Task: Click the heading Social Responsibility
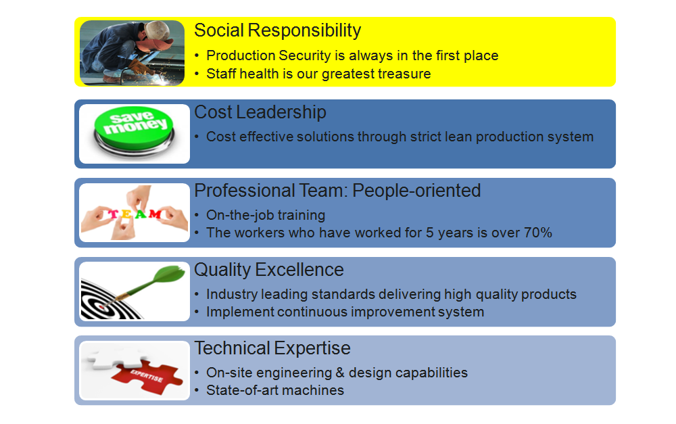[x=277, y=30]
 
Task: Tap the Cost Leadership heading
[x=260, y=112]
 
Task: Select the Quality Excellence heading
[x=268, y=270]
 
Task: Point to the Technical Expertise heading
[x=272, y=348]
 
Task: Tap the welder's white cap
[x=157, y=30]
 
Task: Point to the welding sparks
[x=164, y=78]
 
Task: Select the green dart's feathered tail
[x=171, y=275]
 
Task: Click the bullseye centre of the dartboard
[x=102, y=307]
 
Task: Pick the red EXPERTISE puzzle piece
[x=147, y=377]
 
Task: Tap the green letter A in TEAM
[x=141, y=214]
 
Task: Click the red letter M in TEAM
[x=155, y=214]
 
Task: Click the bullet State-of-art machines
[x=275, y=390]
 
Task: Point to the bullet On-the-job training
[x=266, y=215]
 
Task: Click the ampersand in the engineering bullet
[x=340, y=373]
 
